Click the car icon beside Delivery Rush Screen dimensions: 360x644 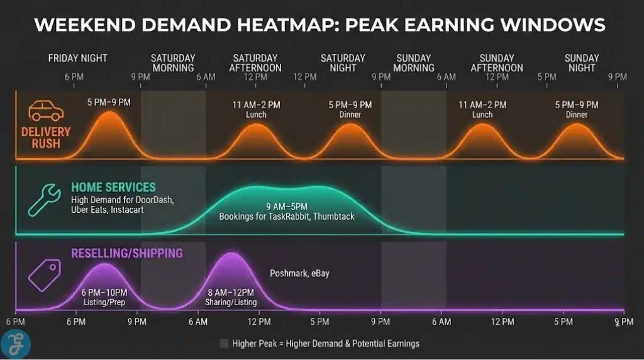pos(46,111)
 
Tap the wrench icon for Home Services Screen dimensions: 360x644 pos(45,200)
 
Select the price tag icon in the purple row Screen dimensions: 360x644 pos(44,275)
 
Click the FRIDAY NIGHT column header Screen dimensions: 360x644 pos(78,58)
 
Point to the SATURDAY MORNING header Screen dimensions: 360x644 pos(173,63)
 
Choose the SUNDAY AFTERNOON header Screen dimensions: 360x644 pos(496,63)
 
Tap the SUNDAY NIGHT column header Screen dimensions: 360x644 pos(582,63)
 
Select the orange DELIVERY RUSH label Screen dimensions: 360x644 pos(45,138)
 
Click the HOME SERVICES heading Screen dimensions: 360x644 pos(113,188)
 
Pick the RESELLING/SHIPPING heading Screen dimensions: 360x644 pos(127,254)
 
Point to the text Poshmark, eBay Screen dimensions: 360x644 pos(299,273)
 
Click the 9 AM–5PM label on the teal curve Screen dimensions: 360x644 pos(286,206)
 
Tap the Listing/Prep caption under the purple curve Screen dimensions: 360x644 pos(104,302)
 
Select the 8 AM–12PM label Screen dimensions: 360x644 pos(230,293)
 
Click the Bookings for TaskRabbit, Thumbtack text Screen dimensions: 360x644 pos(286,217)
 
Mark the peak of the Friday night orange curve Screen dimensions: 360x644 pos(110,113)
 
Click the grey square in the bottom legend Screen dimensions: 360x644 pos(224,344)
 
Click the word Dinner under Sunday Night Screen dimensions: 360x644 pos(576,115)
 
